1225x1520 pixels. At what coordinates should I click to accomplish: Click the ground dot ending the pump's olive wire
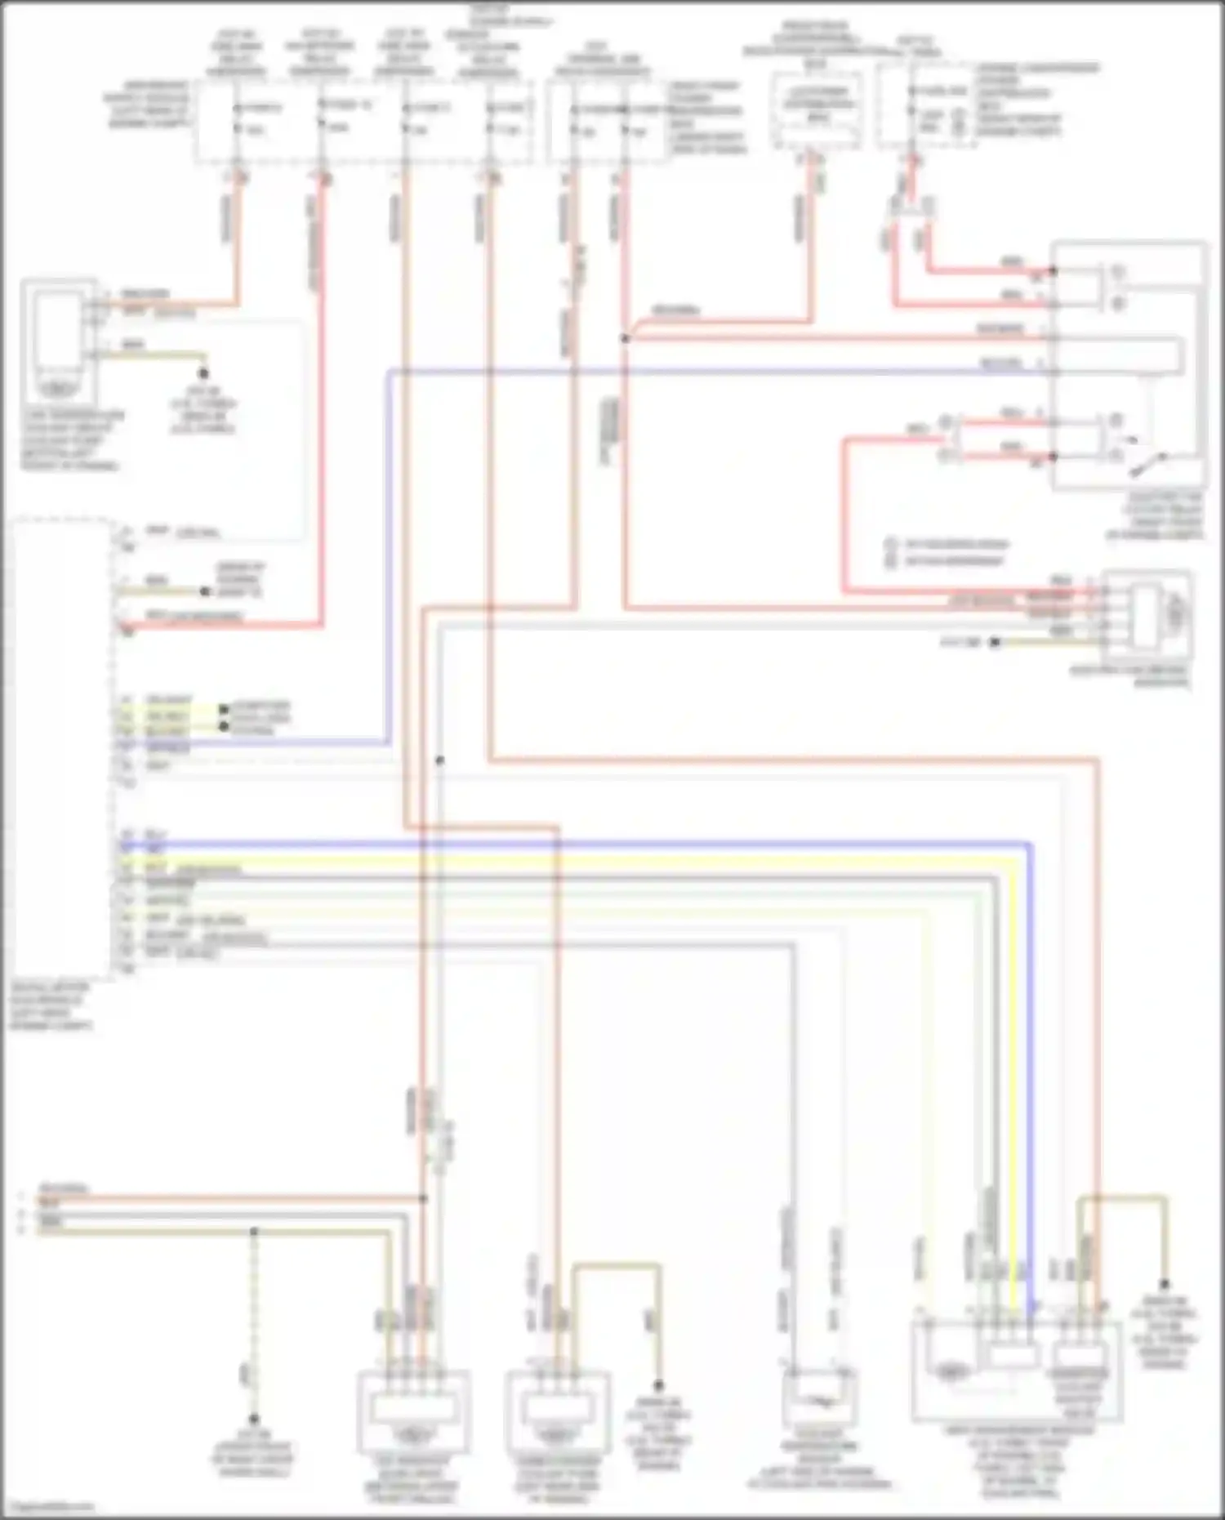click(x=658, y=1385)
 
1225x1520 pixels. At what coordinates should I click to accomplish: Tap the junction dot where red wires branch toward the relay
click(x=625, y=337)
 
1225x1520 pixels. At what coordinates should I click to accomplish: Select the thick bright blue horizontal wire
click(x=572, y=843)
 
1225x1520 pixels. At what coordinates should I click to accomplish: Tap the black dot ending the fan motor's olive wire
click(x=995, y=643)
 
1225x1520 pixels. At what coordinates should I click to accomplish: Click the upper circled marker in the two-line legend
click(x=891, y=544)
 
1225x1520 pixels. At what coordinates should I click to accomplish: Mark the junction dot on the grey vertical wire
click(x=440, y=760)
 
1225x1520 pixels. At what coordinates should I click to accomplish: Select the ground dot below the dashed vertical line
click(x=254, y=1420)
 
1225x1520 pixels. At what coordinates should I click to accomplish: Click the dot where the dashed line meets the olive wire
click(x=254, y=1231)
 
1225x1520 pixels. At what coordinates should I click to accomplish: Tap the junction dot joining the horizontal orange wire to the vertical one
click(x=424, y=1198)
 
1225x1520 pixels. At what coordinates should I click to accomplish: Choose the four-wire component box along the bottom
click(x=414, y=1409)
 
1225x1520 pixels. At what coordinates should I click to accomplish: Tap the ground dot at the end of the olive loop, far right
click(x=1165, y=1285)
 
